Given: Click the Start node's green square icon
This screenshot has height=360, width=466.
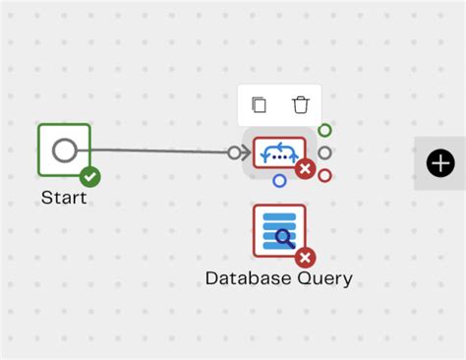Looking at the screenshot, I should (x=64, y=150).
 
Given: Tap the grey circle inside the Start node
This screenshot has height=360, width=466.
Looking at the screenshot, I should (x=64, y=150).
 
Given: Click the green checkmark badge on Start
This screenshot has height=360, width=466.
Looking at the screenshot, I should (x=90, y=177).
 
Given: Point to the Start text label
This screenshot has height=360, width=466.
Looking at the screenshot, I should (x=64, y=198).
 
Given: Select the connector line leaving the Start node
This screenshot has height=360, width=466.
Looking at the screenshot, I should (x=157, y=151).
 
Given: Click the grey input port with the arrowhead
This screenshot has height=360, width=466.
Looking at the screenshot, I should (x=235, y=152).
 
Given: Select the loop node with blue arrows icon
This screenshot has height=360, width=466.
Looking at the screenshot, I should (x=278, y=153).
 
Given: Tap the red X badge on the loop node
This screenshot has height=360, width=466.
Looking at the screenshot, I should (x=305, y=170).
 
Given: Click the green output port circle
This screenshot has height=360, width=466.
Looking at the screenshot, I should (x=324, y=130).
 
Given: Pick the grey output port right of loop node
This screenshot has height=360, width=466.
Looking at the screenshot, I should (x=324, y=152).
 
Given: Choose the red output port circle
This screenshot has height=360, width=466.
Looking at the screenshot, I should (x=324, y=175).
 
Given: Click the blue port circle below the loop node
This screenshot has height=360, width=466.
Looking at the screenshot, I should (x=280, y=181).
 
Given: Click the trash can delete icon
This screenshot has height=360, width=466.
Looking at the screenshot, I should (x=301, y=104).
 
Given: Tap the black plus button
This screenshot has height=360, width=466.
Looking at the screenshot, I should (x=440, y=163).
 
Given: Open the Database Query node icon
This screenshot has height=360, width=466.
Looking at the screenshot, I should (x=279, y=230).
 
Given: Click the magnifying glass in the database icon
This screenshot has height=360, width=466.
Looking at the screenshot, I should (x=284, y=237).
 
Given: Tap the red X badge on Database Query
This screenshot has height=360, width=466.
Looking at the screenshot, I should (x=306, y=258).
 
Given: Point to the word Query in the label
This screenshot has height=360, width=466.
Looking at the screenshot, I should (x=325, y=278).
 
